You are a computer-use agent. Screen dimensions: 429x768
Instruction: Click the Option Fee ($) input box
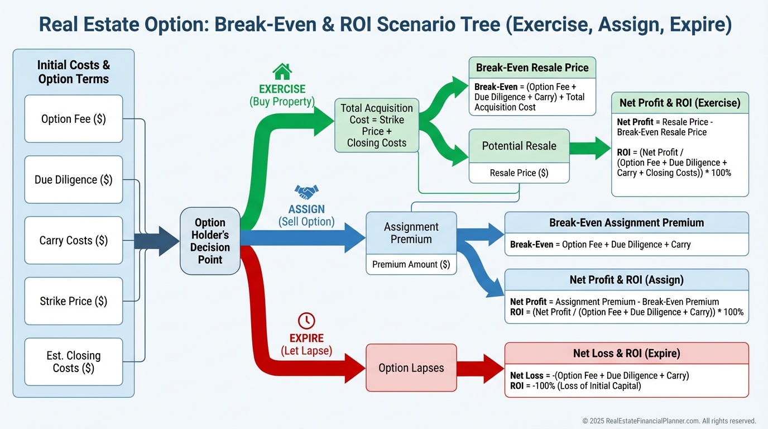click(73, 119)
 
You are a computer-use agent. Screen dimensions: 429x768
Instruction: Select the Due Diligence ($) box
click(73, 179)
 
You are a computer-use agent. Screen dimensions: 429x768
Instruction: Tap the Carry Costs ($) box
click(73, 240)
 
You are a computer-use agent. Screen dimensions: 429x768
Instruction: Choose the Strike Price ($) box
click(73, 301)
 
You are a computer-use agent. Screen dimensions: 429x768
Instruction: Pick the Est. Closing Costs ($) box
click(73, 361)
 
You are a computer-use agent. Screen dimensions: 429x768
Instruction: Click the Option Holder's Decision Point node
click(210, 241)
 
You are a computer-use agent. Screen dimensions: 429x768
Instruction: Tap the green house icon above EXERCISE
click(282, 71)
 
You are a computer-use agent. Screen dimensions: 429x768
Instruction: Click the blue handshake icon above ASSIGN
click(306, 192)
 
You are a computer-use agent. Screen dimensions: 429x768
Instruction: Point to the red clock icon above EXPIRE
click(306, 321)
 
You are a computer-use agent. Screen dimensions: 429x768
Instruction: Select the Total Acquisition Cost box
click(376, 125)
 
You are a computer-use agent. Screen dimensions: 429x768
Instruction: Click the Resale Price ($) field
click(519, 173)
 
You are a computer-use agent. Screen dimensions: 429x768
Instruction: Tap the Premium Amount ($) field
click(411, 264)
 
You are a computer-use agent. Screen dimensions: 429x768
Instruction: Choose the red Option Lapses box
click(411, 368)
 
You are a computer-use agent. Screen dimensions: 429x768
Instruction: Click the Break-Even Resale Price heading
click(532, 68)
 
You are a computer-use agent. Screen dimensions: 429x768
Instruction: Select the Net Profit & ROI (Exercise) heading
click(680, 103)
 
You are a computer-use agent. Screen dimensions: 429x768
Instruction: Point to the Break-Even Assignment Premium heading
click(626, 222)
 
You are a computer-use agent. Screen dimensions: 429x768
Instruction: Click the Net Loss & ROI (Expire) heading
click(626, 353)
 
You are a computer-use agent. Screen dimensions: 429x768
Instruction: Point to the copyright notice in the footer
click(669, 421)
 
